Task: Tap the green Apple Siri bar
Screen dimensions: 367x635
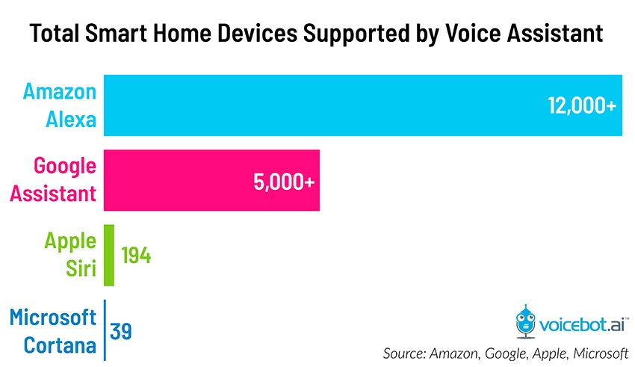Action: pyautogui.click(x=108, y=255)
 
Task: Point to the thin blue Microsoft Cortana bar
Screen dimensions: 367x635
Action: pyautogui.click(x=105, y=330)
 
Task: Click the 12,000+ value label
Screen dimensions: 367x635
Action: pyautogui.click(x=582, y=105)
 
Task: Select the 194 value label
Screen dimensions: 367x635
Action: pyautogui.click(x=136, y=256)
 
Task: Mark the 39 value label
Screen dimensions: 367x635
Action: pyautogui.click(x=121, y=330)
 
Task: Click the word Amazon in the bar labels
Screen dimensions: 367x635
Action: pyautogui.click(x=60, y=92)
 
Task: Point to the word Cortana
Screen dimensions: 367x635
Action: pyautogui.click(x=60, y=345)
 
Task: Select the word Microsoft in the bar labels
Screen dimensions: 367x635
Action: pyautogui.click(x=53, y=317)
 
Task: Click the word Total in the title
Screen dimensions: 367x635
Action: pyautogui.click(x=57, y=34)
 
